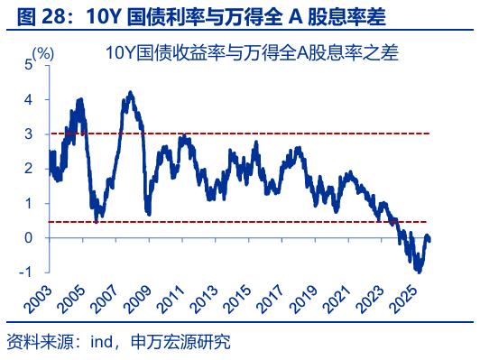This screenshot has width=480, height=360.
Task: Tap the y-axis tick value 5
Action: (28, 65)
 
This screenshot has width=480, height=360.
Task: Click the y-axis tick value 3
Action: (28, 134)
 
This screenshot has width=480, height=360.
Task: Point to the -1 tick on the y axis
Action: (26, 272)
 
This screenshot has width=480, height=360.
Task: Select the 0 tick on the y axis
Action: (28, 237)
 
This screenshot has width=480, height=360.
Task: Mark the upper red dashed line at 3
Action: (271, 134)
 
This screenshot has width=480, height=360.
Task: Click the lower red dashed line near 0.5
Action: (271, 221)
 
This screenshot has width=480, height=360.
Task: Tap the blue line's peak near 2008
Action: (131, 92)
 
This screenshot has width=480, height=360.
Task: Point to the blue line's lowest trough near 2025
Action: (418, 270)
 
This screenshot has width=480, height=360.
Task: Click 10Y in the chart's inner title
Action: (118, 54)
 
